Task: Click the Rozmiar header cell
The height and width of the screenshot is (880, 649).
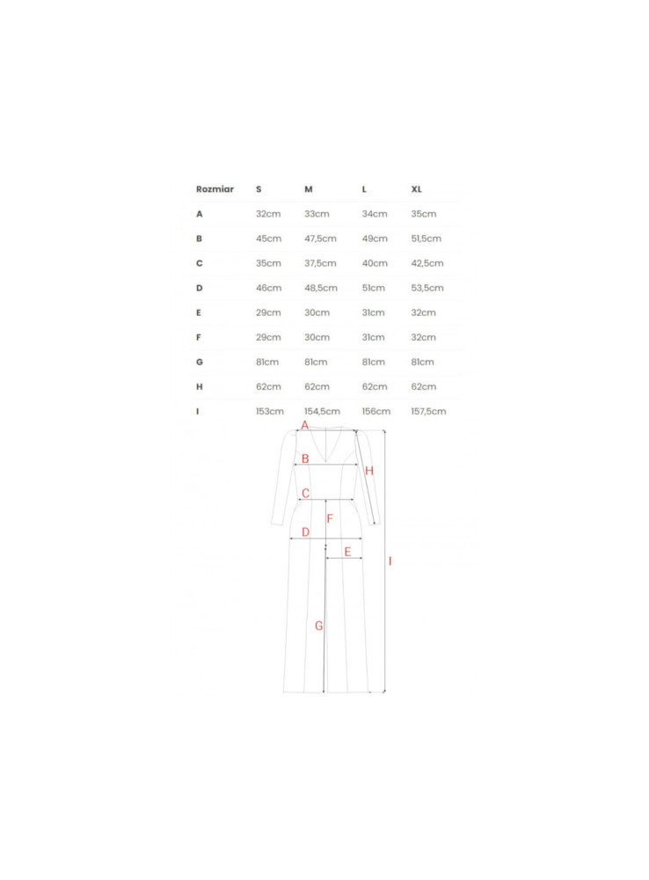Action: [x=215, y=189]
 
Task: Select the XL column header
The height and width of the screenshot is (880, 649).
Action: [x=416, y=189]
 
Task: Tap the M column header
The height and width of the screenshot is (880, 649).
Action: [x=309, y=189]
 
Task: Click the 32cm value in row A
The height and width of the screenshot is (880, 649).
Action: [x=268, y=214]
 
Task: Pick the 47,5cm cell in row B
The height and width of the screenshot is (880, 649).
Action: [x=320, y=238]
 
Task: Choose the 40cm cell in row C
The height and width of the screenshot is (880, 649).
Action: [x=375, y=263]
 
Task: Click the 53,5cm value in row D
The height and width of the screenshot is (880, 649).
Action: [x=427, y=288]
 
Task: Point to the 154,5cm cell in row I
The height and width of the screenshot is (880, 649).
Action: [x=322, y=411]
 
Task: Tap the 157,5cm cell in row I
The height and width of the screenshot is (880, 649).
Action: [x=428, y=411]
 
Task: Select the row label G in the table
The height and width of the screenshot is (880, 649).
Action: [x=199, y=362]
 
